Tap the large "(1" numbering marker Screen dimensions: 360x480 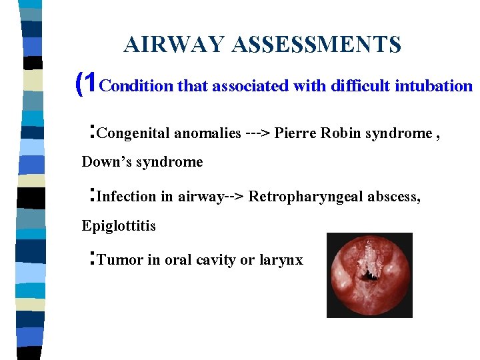coord(86,84)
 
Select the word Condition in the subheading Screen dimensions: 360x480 coord(137,86)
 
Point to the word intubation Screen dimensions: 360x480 coord(434,86)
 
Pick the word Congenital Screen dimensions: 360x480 coord(133,133)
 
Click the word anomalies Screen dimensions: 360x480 coord(208,133)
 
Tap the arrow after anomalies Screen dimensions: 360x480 coord(257,133)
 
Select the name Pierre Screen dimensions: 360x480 coord(295,133)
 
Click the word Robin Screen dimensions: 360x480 coord(340,133)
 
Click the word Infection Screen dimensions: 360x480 coord(127,197)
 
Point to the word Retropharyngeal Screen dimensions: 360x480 coord(306,197)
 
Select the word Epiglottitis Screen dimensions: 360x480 coord(119,226)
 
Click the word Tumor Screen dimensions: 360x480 coord(120,260)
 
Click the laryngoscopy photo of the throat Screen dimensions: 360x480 coord(369,275)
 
